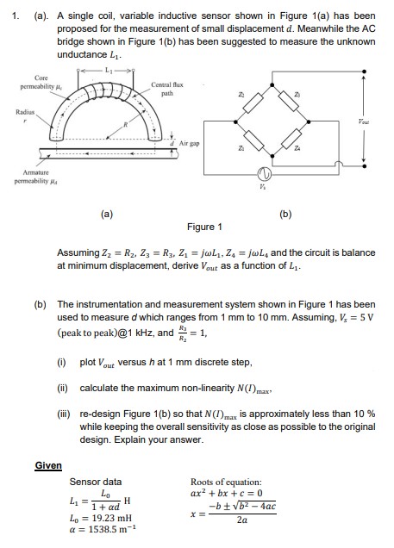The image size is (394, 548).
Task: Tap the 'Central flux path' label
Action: [x=165, y=89]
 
